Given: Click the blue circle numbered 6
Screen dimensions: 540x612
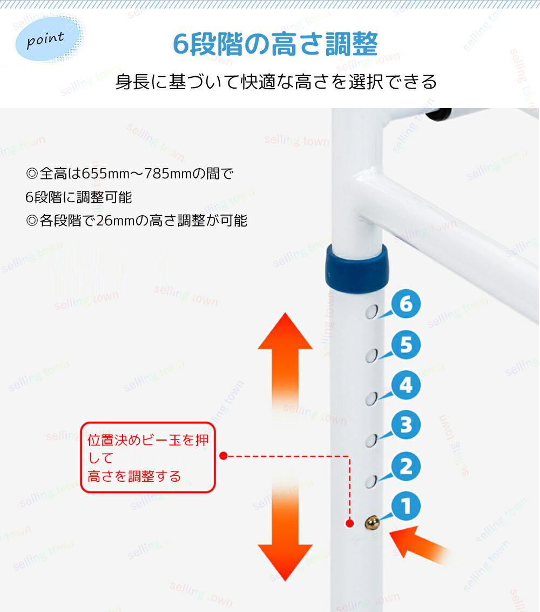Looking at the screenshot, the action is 406,304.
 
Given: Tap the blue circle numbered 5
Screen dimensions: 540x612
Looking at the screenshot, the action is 406,344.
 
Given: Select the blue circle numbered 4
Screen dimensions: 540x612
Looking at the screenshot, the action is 406,385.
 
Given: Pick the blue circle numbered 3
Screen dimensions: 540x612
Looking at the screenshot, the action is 406,424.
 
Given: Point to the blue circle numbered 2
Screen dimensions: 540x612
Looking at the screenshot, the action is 406,466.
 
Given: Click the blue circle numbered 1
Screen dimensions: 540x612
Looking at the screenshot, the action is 406,506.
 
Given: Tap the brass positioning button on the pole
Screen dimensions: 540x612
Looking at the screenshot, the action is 373,523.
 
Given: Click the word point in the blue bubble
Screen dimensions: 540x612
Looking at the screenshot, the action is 45,39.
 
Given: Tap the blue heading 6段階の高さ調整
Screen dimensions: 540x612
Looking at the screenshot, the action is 275,44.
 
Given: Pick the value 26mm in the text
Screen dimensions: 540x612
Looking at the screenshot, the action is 116,221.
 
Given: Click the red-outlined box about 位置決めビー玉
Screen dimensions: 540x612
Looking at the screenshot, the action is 148,457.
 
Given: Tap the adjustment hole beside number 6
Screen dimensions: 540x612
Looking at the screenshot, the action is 372,312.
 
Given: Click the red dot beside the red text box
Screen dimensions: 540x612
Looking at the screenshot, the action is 224,456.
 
